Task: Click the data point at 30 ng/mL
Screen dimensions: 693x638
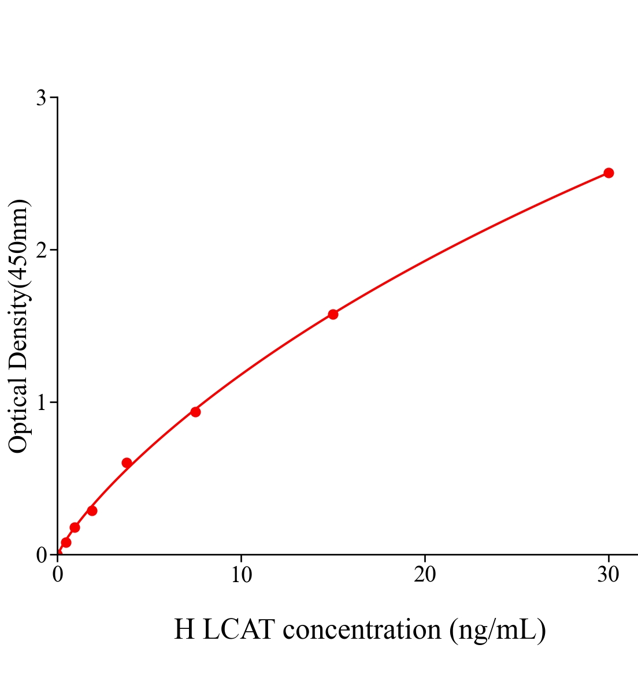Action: pos(608,173)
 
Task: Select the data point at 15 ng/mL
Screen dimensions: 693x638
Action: pos(333,314)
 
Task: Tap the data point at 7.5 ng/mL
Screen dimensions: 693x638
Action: pos(195,412)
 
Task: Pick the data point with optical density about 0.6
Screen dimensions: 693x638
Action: pos(127,463)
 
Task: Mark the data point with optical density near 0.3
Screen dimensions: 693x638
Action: pos(92,511)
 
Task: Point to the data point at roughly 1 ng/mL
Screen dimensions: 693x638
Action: pos(75,527)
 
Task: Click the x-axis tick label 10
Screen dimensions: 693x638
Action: pos(241,575)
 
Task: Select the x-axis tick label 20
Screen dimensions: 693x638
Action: pos(425,575)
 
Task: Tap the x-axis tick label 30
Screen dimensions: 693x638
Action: pos(608,575)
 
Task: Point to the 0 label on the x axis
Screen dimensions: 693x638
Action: pos(58,575)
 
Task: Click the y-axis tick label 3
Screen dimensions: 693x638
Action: pos(41,98)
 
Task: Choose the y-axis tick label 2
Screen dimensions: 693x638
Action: pos(41,250)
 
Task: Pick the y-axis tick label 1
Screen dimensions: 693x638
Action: pos(41,402)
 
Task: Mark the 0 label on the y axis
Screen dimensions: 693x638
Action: pos(41,555)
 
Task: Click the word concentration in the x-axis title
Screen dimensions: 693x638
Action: pos(362,629)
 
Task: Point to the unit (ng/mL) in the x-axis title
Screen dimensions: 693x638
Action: pos(498,629)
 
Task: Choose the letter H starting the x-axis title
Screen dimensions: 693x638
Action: pos(184,629)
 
